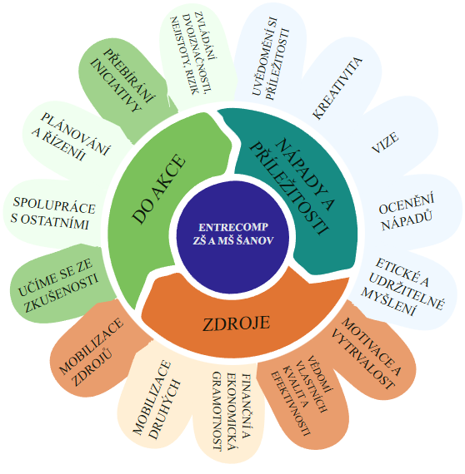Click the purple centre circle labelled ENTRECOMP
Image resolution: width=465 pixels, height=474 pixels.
coord(232,237)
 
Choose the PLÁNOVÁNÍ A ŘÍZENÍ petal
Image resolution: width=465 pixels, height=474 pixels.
coord(71,137)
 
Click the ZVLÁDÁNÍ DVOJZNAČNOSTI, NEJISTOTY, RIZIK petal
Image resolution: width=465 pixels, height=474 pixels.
coord(195,54)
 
